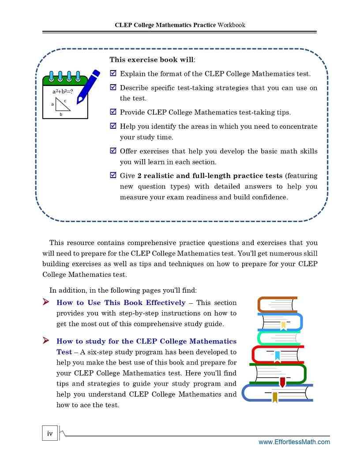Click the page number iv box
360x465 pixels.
(50, 433)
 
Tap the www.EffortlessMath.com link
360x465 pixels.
(294, 442)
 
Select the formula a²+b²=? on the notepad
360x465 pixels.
(62, 92)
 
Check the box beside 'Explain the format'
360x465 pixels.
(113, 74)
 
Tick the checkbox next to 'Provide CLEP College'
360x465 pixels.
(113, 112)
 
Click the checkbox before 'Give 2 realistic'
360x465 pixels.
(113, 175)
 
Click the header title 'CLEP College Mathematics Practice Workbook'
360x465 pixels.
(180, 25)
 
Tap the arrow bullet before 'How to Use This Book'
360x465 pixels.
(46, 302)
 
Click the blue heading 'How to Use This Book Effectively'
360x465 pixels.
(121, 303)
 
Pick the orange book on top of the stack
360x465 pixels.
(277, 304)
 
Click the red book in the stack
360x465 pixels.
(278, 354)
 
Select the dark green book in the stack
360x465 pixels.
(278, 373)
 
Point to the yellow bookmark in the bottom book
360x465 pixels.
(275, 397)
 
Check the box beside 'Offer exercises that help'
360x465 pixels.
(113, 151)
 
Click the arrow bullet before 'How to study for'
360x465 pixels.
(46, 341)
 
